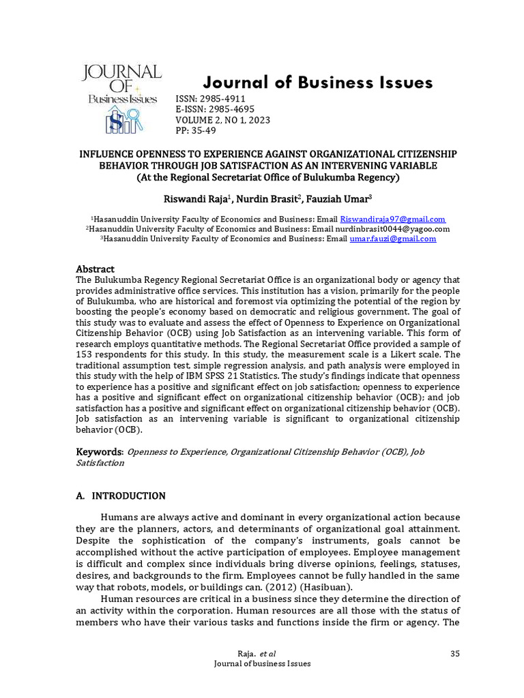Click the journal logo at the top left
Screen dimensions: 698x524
coord(122,98)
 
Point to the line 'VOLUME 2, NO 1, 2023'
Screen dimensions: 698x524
coord(223,120)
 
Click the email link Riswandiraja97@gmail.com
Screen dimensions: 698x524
coord(393,219)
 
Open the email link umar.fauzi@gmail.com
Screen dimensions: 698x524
coord(392,239)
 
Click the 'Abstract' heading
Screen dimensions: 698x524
coord(95,269)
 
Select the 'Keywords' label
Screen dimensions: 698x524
coord(99,451)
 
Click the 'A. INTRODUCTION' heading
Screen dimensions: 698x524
coord(120,496)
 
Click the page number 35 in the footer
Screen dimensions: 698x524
coord(456,654)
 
